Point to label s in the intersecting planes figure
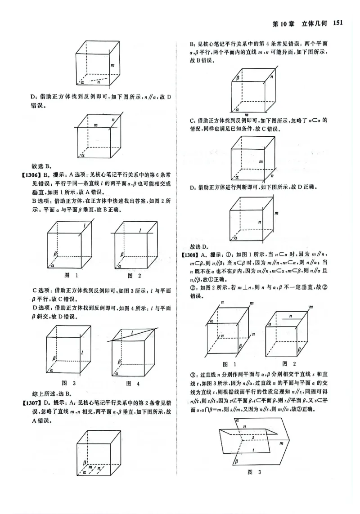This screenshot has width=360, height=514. pyautogui.click(x=254, y=435)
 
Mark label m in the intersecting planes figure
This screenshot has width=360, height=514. pyautogui.click(x=281, y=443)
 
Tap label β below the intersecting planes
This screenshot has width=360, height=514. pyautogui.click(x=236, y=460)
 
